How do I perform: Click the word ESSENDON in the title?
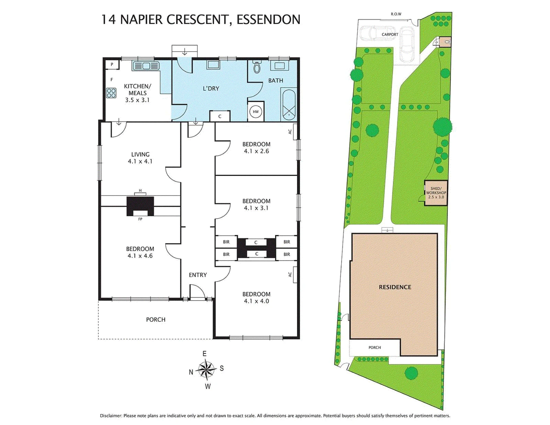coord(268,20)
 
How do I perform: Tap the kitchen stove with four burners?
coord(111,92)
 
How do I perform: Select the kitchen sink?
coord(145,66)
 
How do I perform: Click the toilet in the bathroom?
coord(257,67)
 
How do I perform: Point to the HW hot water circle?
coord(256,112)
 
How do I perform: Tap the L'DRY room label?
coord(211,88)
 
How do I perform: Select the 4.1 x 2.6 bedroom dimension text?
coord(256,151)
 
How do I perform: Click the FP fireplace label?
coord(140,219)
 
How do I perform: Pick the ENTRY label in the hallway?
coord(198,275)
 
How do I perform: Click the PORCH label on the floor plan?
coord(156,320)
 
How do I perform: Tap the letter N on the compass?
coord(191,372)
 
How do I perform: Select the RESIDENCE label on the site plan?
coord(395,287)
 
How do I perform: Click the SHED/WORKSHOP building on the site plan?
coord(436,193)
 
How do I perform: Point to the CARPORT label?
coord(390,34)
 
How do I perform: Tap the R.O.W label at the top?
coord(396,14)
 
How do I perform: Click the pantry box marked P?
coord(112,65)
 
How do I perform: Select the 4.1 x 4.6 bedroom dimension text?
coord(140,256)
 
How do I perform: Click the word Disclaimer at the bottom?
coord(111,416)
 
